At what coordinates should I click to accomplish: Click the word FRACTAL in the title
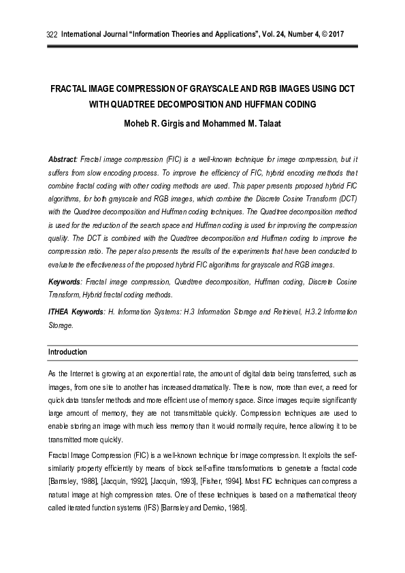71,90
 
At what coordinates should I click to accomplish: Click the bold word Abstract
62,159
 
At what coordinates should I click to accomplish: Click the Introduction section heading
67,353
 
